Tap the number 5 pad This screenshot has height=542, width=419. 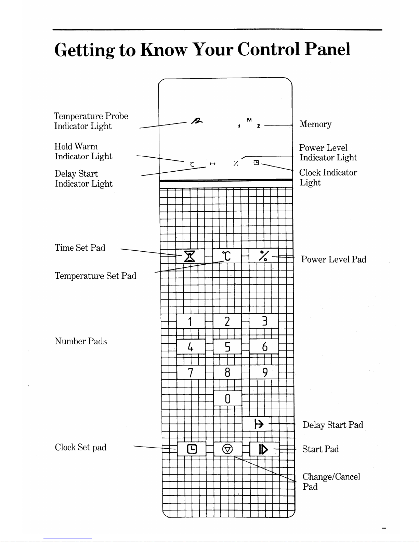click(227, 346)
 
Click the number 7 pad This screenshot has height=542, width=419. click(191, 372)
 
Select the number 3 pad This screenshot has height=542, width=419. click(264, 321)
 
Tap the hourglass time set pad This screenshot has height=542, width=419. click(190, 256)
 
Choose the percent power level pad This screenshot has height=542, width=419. click(264, 255)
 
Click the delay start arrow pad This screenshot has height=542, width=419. click(257, 424)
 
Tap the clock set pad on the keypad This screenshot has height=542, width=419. click(192, 449)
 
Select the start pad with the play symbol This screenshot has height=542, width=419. click(264, 449)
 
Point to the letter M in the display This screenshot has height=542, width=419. click(249, 120)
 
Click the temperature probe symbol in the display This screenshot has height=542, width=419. click(197, 121)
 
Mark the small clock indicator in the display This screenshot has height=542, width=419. click(256, 163)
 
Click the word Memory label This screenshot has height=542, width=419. click(315, 124)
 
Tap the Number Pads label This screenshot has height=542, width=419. click(81, 341)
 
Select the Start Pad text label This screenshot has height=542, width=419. click(320, 449)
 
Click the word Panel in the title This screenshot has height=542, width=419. click(327, 49)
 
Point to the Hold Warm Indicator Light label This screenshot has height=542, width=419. click(83, 151)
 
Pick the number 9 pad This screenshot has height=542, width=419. click(264, 372)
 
